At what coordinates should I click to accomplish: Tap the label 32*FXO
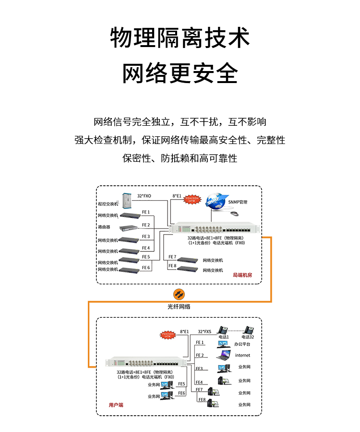point(144,196)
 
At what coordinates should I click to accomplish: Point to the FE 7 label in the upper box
point(172,257)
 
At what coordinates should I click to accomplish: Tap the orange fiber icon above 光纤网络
point(179,294)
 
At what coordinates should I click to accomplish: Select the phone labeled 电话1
point(223,330)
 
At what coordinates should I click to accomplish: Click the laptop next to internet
point(224,355)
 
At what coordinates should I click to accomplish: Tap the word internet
point(242,356)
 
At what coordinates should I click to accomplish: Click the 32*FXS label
point(204,331)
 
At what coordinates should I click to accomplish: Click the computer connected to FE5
point(167,384)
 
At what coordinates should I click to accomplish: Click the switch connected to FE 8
point(188,268)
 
